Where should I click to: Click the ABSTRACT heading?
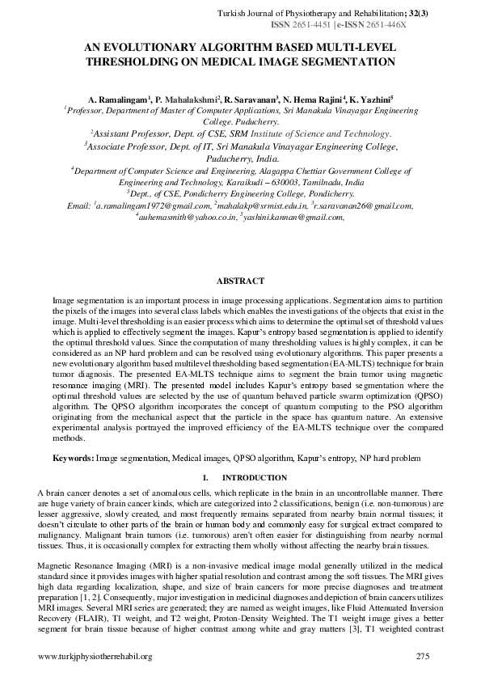point(240,281)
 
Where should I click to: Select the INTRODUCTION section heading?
point(254,478)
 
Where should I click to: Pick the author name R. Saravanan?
point(251,97)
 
